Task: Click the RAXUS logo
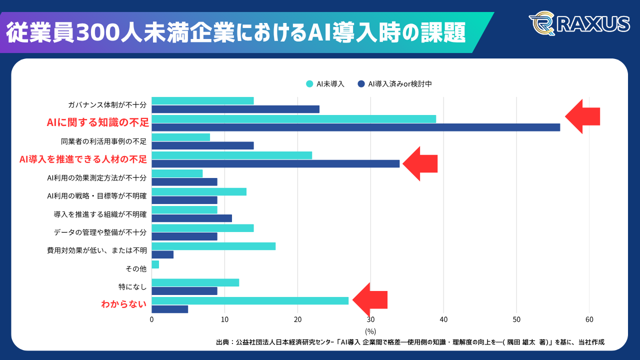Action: [578, 23]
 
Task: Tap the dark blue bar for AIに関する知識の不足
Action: [355, 127]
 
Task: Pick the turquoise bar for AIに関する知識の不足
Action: [293, 119]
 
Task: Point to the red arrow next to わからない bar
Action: [370, 300]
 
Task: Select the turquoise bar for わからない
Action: [250, 300]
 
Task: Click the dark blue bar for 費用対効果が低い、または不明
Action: [162, 254]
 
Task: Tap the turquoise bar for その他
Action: [155, 264]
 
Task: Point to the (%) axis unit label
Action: [370, 331]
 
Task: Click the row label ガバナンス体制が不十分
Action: [107, 105]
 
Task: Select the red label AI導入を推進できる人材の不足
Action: [83, 159]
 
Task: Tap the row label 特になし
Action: [132, 287]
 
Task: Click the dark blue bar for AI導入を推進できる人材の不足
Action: [275, 163]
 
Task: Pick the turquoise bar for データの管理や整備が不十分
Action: [202, 228]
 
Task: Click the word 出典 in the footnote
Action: [222, 342]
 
